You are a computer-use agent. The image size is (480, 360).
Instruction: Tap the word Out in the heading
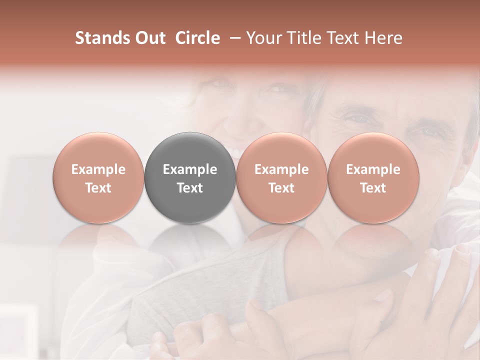[148, 38]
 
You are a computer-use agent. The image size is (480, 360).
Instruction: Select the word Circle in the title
[197, 38]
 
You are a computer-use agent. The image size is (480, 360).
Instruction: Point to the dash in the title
[233, 38]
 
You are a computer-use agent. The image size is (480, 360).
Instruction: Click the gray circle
[190, 178]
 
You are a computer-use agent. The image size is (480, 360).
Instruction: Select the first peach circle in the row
[98, 178]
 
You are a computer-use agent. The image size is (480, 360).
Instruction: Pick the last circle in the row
[373, 178]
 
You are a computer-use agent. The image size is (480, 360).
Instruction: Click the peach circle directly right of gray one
[281, 178]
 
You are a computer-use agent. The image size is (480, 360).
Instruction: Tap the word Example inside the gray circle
[190, 169]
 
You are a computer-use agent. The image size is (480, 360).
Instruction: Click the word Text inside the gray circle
[190, 188]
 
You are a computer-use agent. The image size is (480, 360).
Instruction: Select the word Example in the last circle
[373, 169]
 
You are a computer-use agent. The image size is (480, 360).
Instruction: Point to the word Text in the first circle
[98, 188]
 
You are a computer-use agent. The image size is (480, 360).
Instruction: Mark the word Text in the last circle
[373, 188]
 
